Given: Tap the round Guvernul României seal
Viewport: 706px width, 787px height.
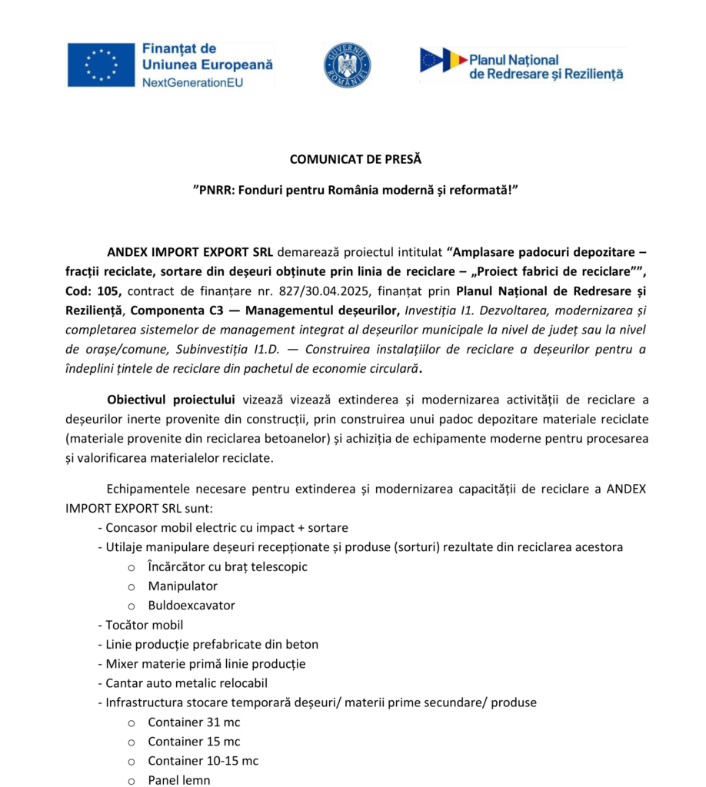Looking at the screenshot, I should (347, 65).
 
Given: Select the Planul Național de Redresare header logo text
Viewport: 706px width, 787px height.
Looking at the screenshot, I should (545, 67).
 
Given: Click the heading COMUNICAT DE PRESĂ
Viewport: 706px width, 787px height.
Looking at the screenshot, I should (355, 160).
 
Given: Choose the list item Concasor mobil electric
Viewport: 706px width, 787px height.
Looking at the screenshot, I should (227, 528).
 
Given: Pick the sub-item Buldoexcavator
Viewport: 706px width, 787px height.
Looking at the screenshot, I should (191, 606).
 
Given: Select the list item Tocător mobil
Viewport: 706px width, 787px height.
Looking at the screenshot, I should (145, 625).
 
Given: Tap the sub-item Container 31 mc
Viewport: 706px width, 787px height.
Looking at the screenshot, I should (194, 722).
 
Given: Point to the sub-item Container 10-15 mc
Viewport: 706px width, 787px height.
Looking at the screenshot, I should (203, 761).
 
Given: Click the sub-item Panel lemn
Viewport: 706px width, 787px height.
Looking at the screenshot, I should (179, 780).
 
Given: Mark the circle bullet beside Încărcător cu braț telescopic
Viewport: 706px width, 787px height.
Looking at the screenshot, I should (132, 567).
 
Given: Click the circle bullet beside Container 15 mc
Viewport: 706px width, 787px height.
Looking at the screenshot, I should (132, 742).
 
